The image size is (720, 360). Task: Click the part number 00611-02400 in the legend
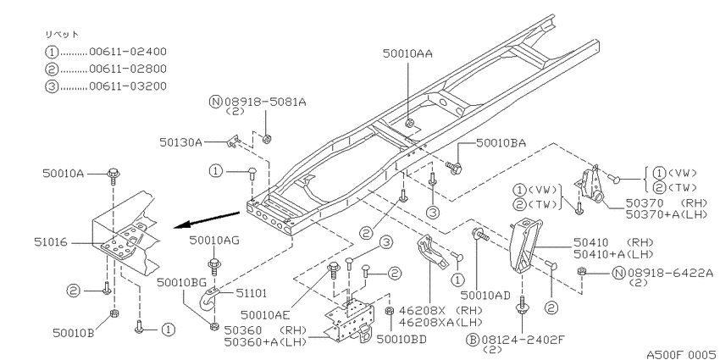(128, 52)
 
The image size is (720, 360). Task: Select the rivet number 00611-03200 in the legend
(128, 86)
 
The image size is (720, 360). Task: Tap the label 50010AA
(407, 53)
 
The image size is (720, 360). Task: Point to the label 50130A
(181, 142)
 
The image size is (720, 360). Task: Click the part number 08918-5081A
(265, 102)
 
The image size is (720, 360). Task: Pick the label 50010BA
(501, 143)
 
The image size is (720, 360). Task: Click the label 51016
(50, 242)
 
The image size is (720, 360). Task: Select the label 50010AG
(215, 239)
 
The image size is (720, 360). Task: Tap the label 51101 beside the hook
(252, 293)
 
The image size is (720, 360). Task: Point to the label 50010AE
(265, 314)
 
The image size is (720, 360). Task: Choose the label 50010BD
(402, 340)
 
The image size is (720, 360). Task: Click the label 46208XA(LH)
(441, 322)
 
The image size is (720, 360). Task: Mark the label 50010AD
(485, 296)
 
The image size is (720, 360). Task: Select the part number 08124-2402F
(523, 340)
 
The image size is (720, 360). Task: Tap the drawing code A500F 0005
(683, 354)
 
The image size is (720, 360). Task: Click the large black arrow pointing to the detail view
(207, 219)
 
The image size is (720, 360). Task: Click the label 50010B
(74, 332)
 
